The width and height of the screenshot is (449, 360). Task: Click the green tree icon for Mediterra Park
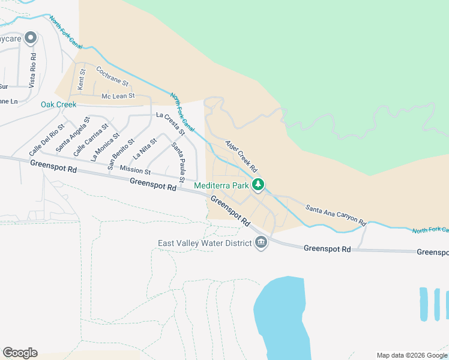click(x=258, y=185)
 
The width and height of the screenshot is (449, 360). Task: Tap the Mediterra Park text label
click(x=221, y=186)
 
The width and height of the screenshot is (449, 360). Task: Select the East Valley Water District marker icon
click(x=261, y=243)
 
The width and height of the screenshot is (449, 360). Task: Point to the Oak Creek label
click(x=59, y=104)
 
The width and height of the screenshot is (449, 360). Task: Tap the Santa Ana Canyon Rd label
click(x=336, y=215)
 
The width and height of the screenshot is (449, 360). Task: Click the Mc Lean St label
click(x=118, y=96)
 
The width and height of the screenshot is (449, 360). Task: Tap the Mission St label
click(x=134, y=170)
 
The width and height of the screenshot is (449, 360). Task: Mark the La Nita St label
click(x=145, y=147)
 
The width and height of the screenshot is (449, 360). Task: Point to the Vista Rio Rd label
click(x=34, y=69)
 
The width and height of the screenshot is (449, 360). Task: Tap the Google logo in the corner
click(x=20, y=352)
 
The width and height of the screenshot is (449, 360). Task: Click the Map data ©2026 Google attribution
click(x=412, y=355)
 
